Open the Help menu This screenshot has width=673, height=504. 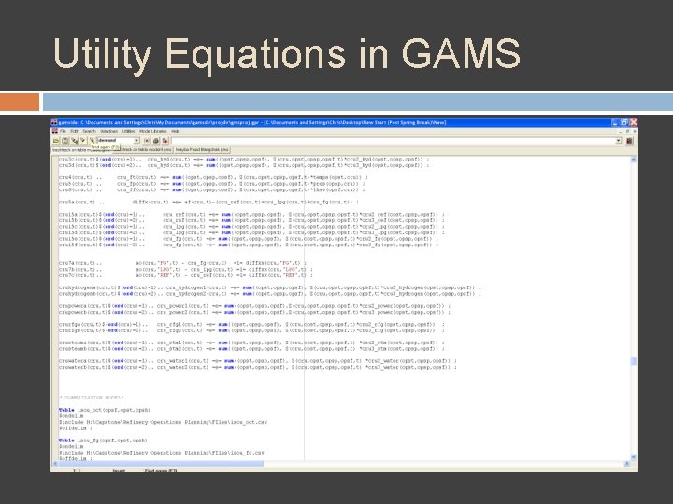[x=175, y=132]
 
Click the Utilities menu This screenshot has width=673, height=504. [x=128, y=132]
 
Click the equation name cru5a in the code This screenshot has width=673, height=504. [x=67, y=201]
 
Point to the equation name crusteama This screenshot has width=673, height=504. [x=71, y=341]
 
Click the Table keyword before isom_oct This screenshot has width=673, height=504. [x=65, y=410]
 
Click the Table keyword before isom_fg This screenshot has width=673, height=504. [x=65, y=439]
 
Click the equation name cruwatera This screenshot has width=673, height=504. [x=71, y=359]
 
